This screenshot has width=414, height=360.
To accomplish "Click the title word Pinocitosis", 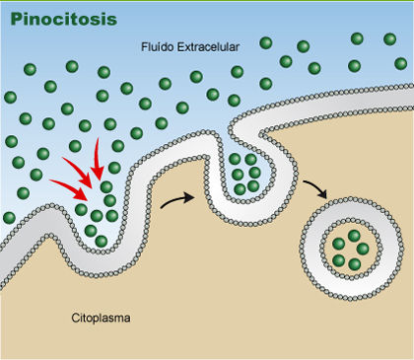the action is click(x=64, y=20).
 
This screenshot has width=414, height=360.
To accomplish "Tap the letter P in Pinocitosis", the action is click(x=16, y=20).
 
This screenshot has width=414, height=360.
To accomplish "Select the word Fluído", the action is click(x=158, y=47).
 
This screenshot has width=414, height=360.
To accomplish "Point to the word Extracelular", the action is click(x=208, y=47).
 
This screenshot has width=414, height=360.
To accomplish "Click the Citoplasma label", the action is click(x=101, y=318).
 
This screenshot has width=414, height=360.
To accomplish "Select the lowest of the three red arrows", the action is click(x=70, y=189).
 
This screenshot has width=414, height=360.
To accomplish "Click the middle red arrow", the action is click(x=78, y=173).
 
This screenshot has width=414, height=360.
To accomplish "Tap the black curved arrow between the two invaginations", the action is click(x=177, y=200).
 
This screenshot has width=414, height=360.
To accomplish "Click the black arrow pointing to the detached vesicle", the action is click(x=316, y=188).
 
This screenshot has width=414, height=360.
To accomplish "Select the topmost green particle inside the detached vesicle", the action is click(x=354, y=236).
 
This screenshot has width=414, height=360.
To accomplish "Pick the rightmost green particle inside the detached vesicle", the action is click(x=363, y=249).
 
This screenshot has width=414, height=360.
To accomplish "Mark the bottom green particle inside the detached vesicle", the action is click(x=354, y=264).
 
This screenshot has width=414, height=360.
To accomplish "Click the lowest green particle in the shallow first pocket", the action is click(x=102, y=242).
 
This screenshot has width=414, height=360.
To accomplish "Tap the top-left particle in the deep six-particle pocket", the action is click(x=235, y=159).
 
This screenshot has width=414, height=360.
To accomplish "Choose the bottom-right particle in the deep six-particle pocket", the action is click(x=253, y=186).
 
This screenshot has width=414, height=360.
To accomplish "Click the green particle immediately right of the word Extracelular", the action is click(x=266, y=42).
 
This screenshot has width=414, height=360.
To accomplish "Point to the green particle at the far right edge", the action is click(x=401, y=63).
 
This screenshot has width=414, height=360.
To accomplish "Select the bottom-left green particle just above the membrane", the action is click(x=9, y=218).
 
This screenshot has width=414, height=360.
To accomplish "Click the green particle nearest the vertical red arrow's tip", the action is click(x=106, y=187).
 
